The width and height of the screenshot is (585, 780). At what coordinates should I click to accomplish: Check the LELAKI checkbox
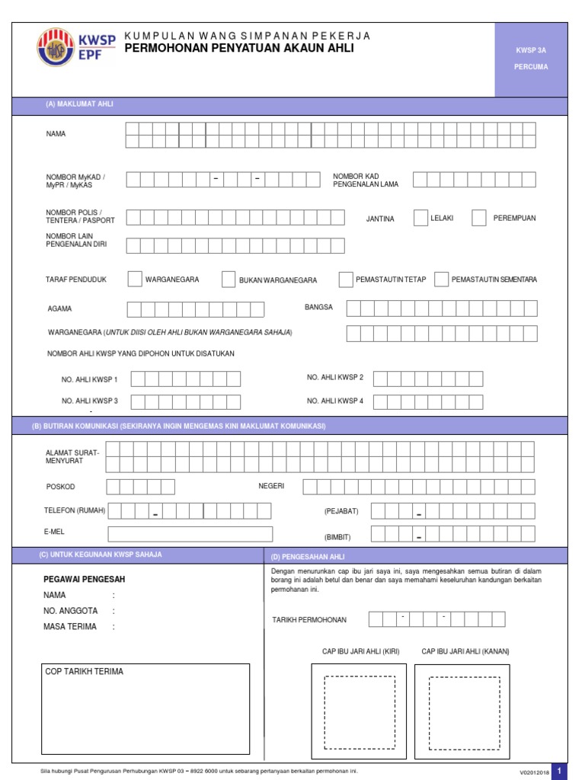[420, 218]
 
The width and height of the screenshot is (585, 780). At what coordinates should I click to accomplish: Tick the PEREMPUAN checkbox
[478, 218]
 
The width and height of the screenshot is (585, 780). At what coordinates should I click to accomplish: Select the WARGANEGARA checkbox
[134, 279]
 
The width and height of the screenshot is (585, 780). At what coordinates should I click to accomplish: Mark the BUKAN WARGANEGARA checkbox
[228, 280]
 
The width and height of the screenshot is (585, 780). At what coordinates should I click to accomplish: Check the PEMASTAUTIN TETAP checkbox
[345, 279]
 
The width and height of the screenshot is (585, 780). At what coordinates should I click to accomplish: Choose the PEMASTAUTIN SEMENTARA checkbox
[441, 279]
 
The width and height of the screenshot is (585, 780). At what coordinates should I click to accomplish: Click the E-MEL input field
[190, 534]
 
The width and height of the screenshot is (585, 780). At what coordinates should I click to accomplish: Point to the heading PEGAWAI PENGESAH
[85, 580]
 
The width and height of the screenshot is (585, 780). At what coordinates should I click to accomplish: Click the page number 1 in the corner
[559, 772]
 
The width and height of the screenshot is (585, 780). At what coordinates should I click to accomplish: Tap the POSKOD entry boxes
[140, 487]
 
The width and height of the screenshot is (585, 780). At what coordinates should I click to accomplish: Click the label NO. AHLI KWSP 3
[89, 401]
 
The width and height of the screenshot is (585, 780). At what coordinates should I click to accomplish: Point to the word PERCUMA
[531, 67]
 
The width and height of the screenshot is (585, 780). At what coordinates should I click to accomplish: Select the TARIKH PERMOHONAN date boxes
[436, 619]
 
